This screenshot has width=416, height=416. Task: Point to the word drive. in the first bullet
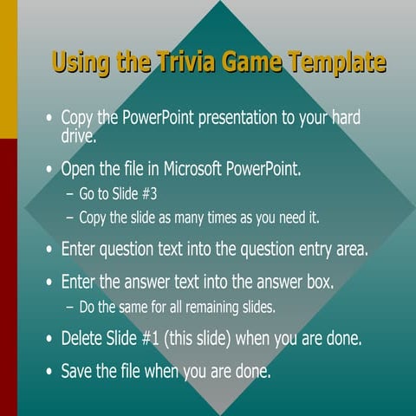(x=85, y=135)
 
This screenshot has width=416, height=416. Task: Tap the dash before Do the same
(x=69, y=307)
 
